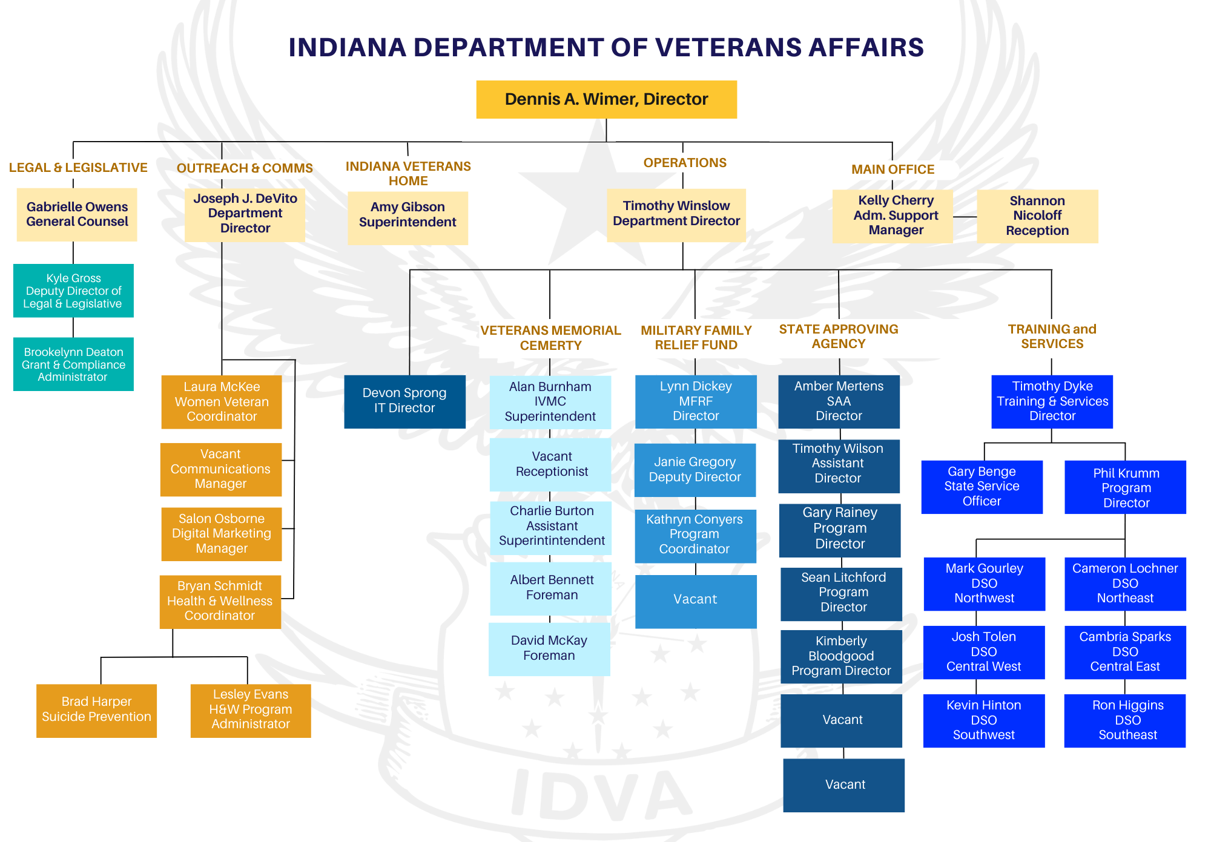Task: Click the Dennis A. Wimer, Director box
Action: point(606,99)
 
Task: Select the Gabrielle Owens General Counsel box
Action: point(77,215)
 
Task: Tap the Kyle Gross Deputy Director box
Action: point(73,291)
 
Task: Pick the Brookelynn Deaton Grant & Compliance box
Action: point(73,364)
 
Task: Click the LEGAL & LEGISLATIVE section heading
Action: point(78,168)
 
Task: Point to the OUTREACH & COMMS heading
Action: point(245,168)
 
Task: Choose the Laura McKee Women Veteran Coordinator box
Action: point(222,401)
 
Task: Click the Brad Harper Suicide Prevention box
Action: point(96,710)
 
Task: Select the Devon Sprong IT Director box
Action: point(404,401)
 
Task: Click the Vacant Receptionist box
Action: point(551,464)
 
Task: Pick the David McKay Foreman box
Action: point(549,648)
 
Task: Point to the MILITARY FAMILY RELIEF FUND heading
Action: point(696,338)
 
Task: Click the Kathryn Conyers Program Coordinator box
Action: point(695,535)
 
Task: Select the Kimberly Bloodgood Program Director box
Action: point(841,656)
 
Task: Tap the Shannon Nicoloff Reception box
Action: point(1037,216)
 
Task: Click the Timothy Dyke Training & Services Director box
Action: point(1052,401)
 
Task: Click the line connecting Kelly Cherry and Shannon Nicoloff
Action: point(965,217)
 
